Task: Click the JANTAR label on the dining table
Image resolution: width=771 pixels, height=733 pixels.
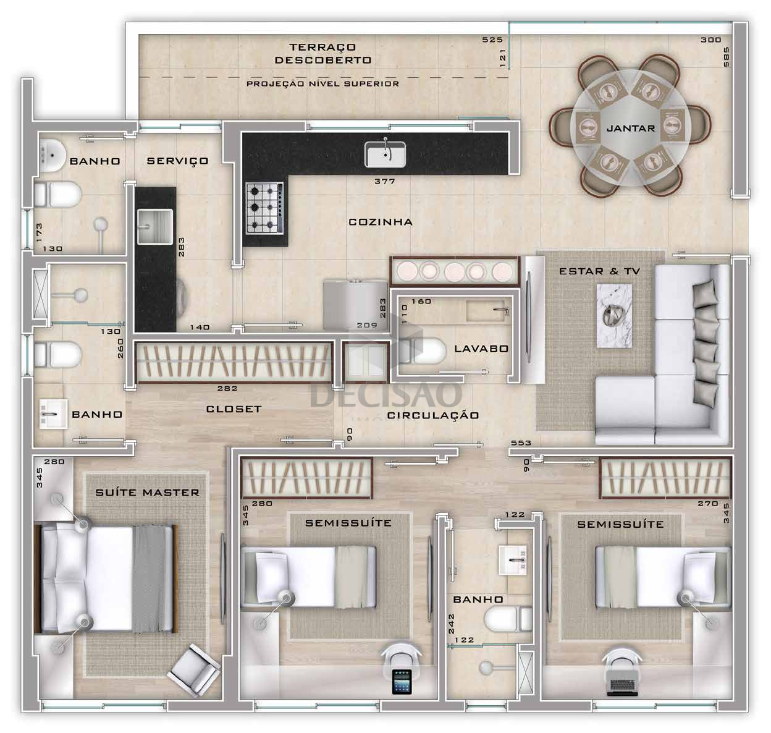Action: pyautogui.click(x=631, y=129)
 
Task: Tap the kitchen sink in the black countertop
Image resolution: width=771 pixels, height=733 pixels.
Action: pyautogui.click(x=385, y=154)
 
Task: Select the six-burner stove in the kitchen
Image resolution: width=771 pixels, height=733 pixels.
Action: pyautogui.click(x=264, y=208)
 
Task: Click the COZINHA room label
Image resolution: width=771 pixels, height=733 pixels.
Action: pyautogui.click(x=381, y=222)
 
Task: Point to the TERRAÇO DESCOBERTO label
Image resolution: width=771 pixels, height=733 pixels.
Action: pyautogui.click(x=322, y=54)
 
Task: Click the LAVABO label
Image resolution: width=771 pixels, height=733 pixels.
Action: pyautogui.click(x=481, y=349)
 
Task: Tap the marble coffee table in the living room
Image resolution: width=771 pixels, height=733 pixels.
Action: pyautogui.click(x=614, y=315)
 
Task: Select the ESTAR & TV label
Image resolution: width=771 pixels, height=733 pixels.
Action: pyautogui.click(x=599, y=271)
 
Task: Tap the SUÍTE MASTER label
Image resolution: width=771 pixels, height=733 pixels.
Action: pyautogui.click(x=147, y=493)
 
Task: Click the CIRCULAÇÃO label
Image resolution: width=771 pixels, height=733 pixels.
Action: pyautogui.click(x=433, y=415)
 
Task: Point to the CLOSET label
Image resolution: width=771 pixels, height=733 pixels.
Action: pyautogui.click(x=234, y=409)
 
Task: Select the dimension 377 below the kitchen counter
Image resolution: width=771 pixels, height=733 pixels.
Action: pyautogui.click(x=385, y=181)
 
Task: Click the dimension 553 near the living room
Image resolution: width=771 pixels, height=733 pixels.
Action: pyautogui.click(x=521, y=443)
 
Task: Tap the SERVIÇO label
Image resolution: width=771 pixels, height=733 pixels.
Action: pyautogui.click(x=177, y=161)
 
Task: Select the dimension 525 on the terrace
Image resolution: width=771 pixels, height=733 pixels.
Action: pyautogui.click(x=492, y=40)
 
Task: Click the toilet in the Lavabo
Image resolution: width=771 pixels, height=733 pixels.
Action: pyautogui.click(x=423, y=351)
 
